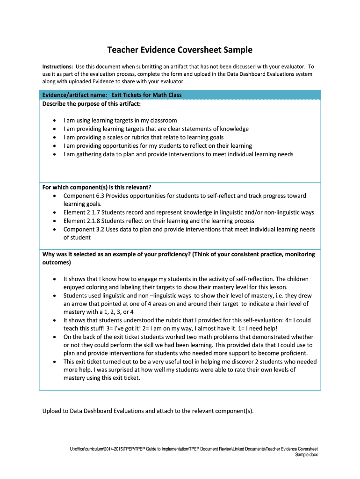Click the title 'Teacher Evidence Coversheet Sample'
(x=180, y=50)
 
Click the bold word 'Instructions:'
(x=58, y=67)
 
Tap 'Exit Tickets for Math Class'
(x=146, y=95)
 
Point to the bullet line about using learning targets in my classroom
(x=120, y=120)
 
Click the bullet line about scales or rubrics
(x=143, y=137)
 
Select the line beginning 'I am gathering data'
(x=178, y=154)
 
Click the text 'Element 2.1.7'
(x=81, y=212)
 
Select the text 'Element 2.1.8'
(x=81, y=221)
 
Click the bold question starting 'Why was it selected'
(x=179, y=254)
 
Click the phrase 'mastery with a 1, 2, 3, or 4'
(x=98, y=312)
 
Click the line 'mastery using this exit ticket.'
(x=101, y=378)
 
